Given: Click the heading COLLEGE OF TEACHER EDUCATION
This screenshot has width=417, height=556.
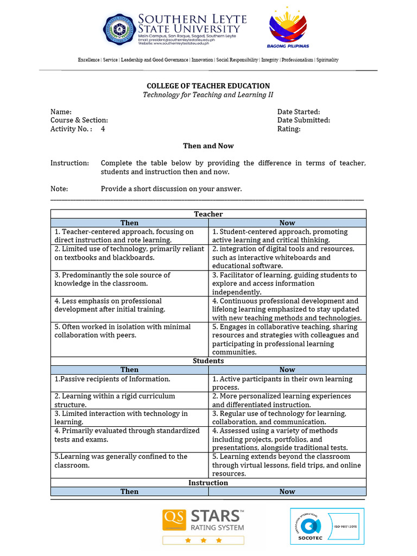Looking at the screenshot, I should [208, 86].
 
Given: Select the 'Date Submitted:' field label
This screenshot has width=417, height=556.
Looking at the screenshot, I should [304, 120].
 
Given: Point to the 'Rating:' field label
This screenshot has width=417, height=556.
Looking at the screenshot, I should [289, 129].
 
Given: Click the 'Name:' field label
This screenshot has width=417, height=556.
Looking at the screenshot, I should [61, 111].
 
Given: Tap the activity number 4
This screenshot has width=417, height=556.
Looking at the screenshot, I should [103, 129].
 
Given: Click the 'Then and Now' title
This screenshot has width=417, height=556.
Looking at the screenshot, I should [208, 146].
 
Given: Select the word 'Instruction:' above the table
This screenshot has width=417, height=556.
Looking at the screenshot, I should [69, 163].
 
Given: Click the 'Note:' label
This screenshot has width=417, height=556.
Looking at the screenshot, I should [59, 188].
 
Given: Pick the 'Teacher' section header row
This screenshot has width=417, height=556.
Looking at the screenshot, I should [208, 214].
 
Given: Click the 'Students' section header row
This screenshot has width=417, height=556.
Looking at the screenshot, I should [208, 361].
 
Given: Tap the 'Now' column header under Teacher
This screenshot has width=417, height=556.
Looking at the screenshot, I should [287, 223].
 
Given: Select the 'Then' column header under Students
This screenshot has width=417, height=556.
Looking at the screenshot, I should [129, 369].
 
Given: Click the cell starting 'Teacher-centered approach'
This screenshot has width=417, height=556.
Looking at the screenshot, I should [129, 236].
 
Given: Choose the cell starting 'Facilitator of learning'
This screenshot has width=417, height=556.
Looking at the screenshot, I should [287, 283].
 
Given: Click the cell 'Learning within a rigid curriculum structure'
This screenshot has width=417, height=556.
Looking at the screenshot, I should [129, 400].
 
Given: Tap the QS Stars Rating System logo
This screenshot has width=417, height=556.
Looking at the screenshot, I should [203, 526].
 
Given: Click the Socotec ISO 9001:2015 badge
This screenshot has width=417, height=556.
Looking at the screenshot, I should [326, 526].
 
